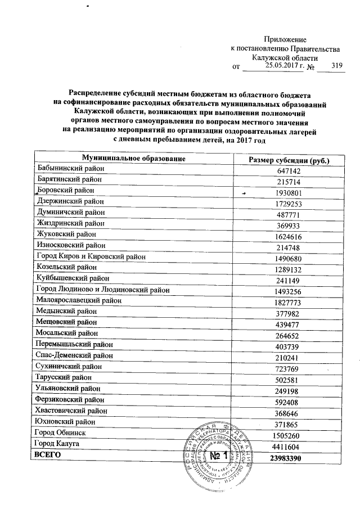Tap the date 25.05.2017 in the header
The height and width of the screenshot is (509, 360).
[x=278, y=66]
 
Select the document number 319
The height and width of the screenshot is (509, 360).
[x=337, y=66]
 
